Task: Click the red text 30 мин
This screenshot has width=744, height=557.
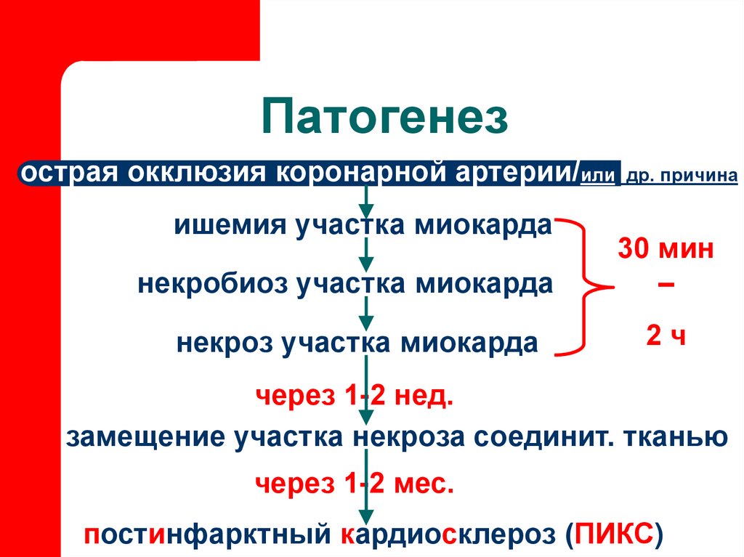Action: [x=666, y=251]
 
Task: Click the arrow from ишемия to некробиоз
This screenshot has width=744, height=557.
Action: [x=368, y=253]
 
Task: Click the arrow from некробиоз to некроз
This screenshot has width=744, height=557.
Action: [x=368, y=312]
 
